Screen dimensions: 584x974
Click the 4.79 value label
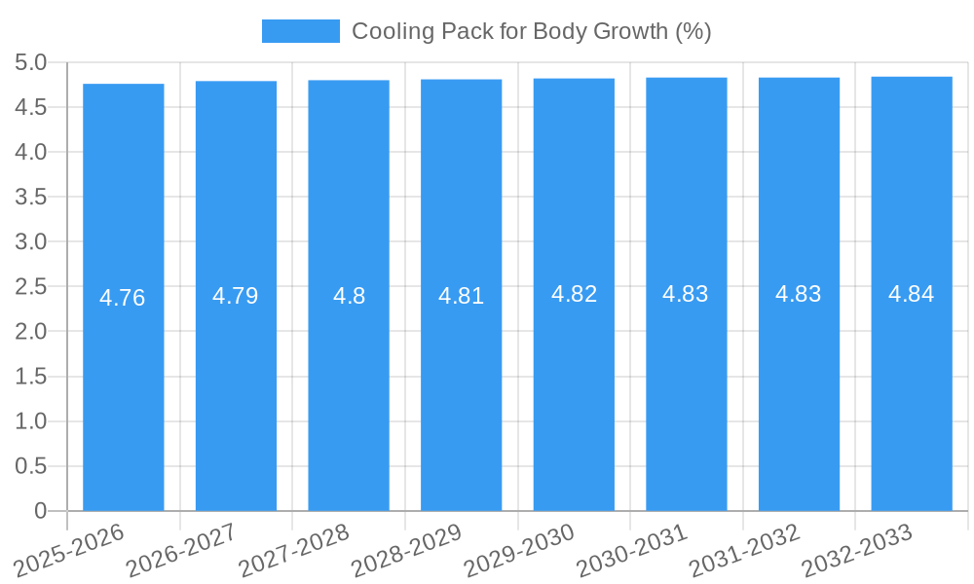(236, 296)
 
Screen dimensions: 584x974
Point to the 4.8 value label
(349, 296)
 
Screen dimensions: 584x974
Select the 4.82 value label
(574, 294)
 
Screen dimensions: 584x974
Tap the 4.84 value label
(912, 294)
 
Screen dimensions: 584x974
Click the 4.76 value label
(123, 298)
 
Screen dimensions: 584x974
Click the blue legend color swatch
(300, 31)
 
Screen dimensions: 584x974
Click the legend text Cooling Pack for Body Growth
(531, 31)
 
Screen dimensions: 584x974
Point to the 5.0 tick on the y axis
(31, 62)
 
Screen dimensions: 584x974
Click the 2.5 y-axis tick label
(31, 286)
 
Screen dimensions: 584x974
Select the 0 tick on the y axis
(40, 510)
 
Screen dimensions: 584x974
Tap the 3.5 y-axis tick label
(31, 197)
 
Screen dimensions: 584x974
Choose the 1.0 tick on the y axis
(31, 420)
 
